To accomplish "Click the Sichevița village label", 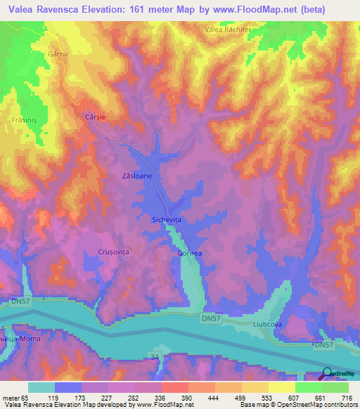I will (x=167, y=220).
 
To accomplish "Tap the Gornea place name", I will (x=190, y=253).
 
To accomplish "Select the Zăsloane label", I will (x=137, y=176).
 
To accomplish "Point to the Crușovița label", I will (x=113, y=252).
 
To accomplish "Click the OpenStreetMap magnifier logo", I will (x=328, y=374).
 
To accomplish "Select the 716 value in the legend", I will (x=346, y=398).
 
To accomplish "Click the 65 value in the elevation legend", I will (x=27, y=398).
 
